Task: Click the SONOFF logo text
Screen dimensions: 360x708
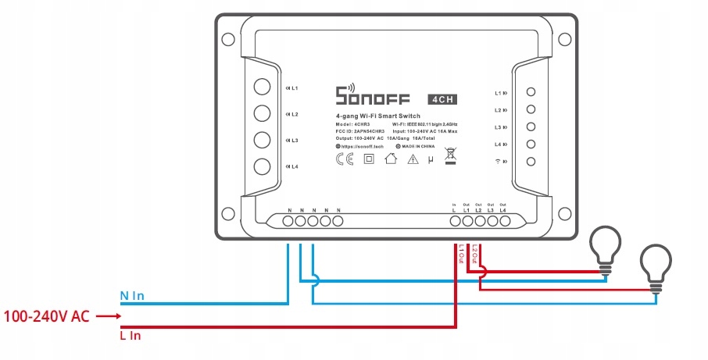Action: coord(373,97)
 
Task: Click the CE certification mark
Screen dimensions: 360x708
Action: coord(344,159)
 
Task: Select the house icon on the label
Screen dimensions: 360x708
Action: coord(392,159)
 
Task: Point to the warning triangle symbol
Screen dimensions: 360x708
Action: coord(413,159)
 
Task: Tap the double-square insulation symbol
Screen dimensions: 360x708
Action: coord(369,159)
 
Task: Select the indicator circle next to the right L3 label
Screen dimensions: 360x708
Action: coord(531,127)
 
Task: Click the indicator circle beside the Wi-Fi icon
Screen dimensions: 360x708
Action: coord(531,162)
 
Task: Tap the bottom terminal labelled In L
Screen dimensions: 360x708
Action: coord(455,222)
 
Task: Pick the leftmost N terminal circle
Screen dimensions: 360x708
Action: coord(288,222)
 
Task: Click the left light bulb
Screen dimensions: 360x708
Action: coord(605,246)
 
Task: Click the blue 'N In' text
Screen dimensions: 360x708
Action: coord(132,297)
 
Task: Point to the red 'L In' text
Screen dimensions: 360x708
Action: coord(131,335)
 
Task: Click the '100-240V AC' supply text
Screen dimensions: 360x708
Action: coord(47,316)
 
